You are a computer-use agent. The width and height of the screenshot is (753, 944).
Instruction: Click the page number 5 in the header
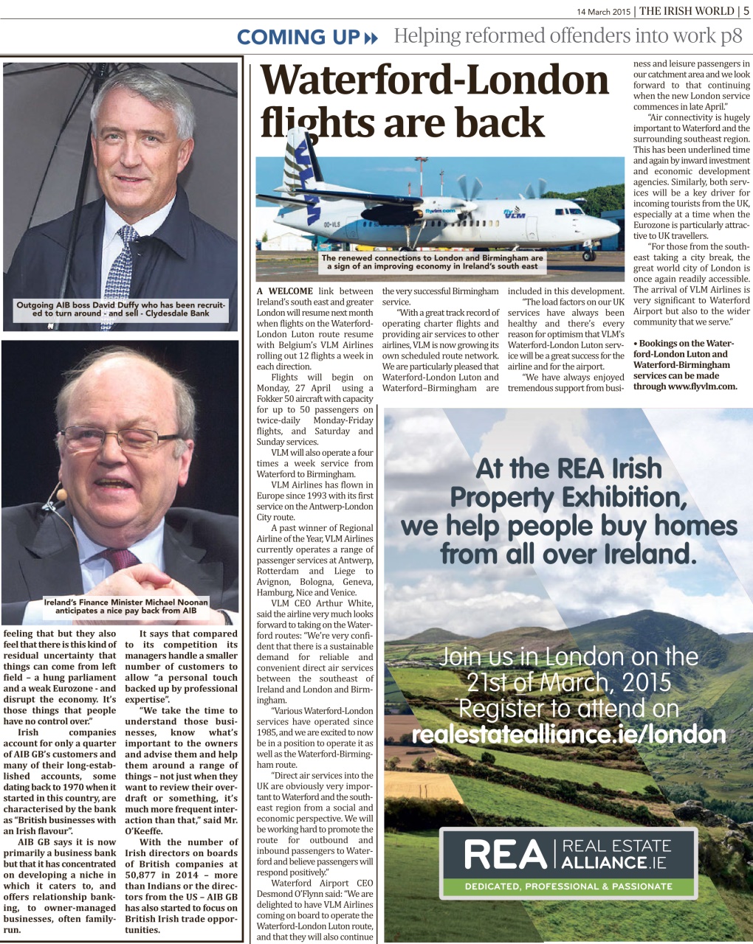pyautogui.click(x=746, y=10)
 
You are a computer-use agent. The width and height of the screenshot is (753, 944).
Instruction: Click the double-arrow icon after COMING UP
pyautogui.click(x=371, y=38)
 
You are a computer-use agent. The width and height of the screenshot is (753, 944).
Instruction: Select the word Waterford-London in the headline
pyautogui.click(x=435, y=82)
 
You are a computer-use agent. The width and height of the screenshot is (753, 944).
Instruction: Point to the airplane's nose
pyautogui.click(x=617, y=228)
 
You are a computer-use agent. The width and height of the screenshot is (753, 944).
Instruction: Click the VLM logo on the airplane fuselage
pyautogui.click(x=514, y=214)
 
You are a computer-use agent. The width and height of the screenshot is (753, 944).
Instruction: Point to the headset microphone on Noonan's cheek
pyautogui.click(x=61, y=493)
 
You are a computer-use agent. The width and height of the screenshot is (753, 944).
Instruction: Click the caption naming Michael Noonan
pyautogui.click(x=120, y=606)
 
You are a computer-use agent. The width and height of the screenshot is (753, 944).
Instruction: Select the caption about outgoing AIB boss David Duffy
pyautogui.click(x=120, y=308)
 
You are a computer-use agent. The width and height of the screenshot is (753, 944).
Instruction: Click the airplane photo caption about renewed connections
pyautogui.click(x=432, y=263)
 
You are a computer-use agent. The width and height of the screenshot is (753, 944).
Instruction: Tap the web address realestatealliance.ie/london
pyautogui.click(x=568, y=735)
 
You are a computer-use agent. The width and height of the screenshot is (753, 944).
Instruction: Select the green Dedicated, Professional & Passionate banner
pyautogui.click(x=568, y=886)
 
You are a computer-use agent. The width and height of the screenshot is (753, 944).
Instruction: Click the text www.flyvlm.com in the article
pyautogui.click(x=702, y=386)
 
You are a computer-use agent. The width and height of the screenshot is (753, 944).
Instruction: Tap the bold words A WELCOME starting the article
pyautogui.click(x=285, y=291)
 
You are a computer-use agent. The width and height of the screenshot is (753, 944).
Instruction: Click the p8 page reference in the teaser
pyautogui.click(x=732, y=35)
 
